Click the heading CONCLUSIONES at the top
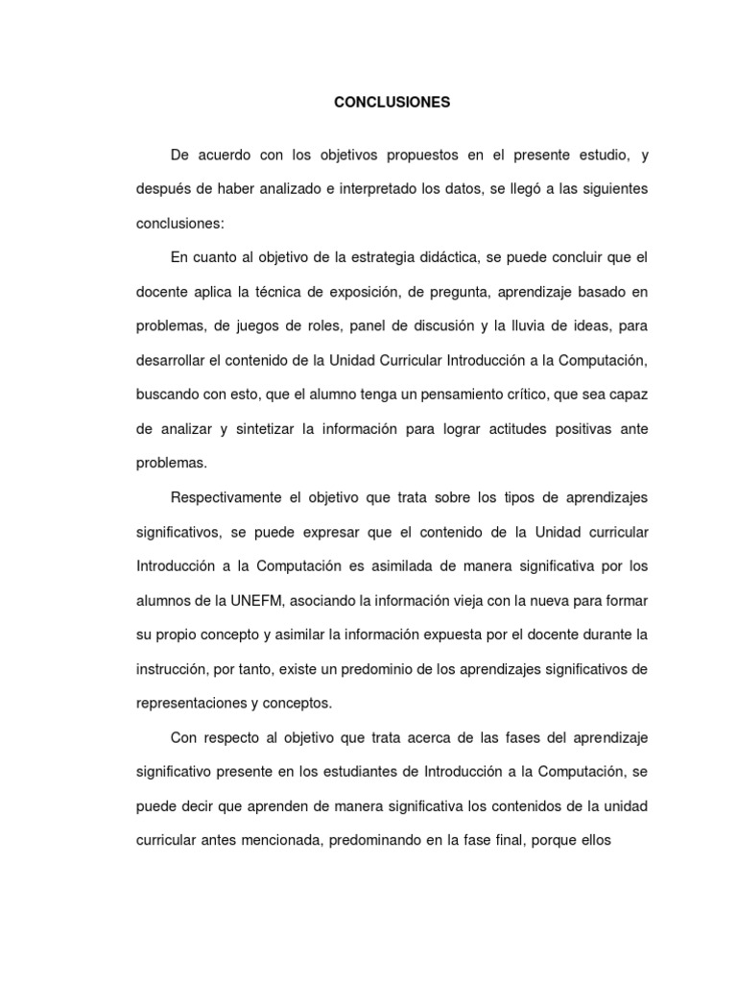pos(392,102)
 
